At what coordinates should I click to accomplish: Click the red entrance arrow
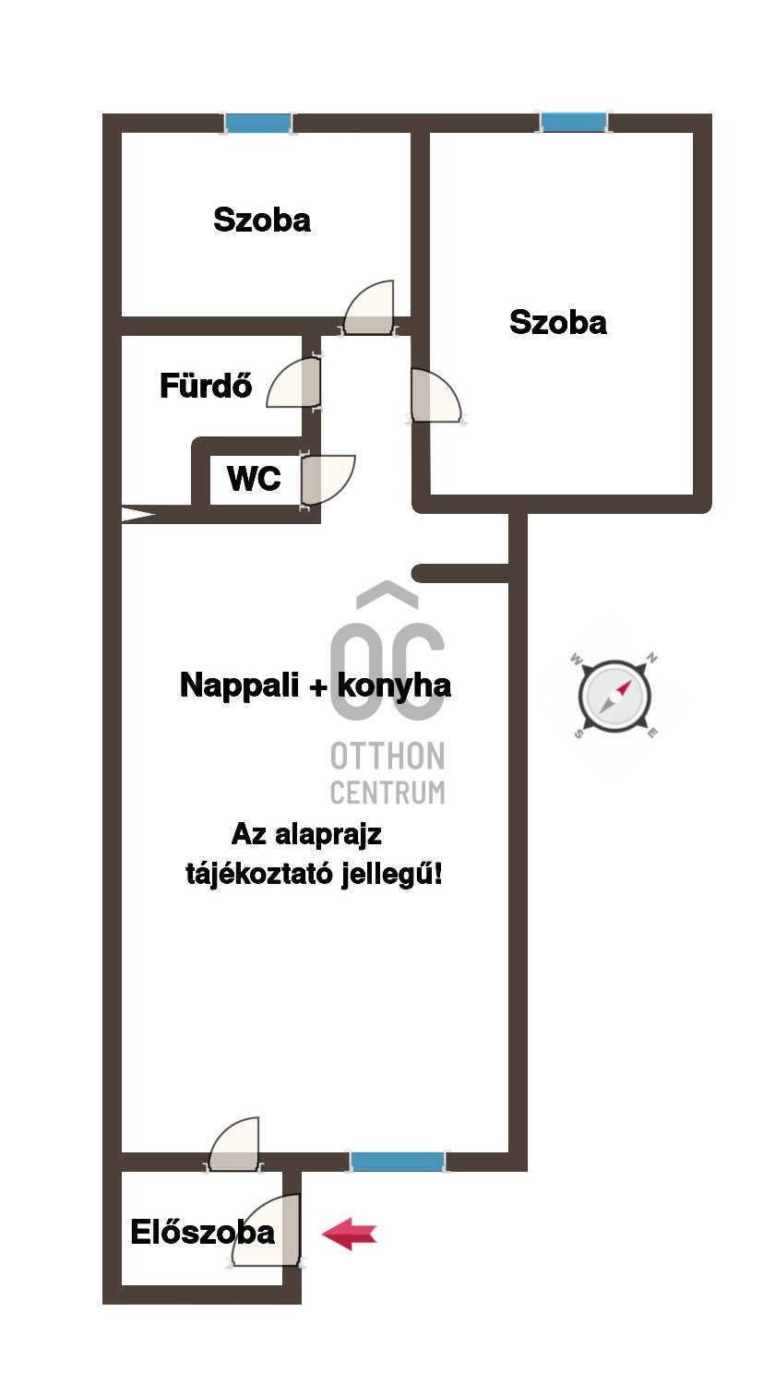349,1234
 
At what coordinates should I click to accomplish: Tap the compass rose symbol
615,695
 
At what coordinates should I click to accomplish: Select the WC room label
254,479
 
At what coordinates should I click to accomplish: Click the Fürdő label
206,385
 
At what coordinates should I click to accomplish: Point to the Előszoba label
202,1233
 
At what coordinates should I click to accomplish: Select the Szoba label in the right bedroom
558,322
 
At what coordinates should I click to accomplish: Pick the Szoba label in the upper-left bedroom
262,220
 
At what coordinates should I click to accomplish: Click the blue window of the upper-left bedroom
258,123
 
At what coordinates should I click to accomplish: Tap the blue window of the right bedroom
574,122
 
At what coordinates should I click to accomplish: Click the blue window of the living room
398,1161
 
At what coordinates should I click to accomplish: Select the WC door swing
327,479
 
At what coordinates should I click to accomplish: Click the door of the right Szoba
433,397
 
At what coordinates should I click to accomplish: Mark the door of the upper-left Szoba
371,309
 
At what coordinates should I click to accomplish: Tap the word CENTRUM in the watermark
387,792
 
